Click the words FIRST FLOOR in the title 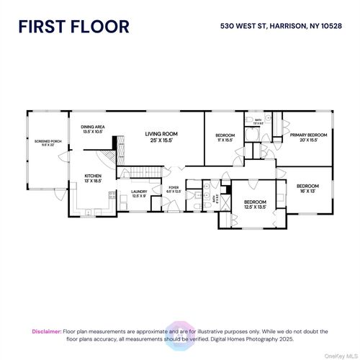(73, 27)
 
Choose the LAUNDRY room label (139, 193)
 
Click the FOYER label (174, 189)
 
